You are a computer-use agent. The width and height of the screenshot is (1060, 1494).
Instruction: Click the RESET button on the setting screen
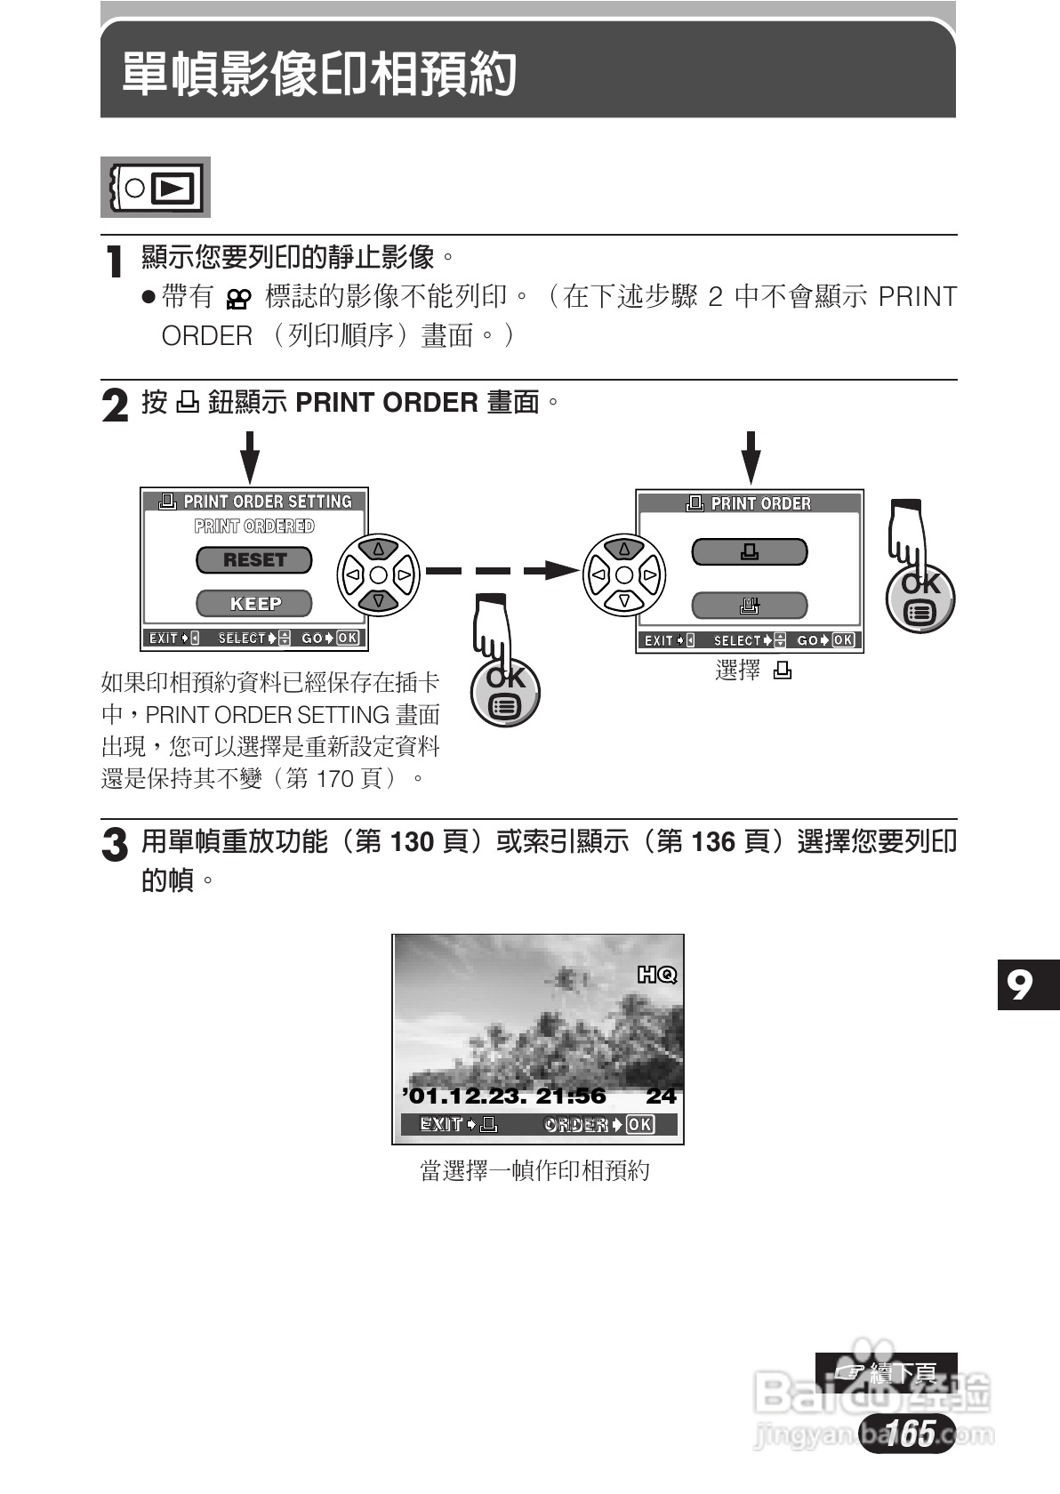click(254, 560)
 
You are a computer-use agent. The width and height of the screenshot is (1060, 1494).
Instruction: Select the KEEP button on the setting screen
click(254, 604)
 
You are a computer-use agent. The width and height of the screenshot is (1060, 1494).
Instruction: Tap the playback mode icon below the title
click(156, 188)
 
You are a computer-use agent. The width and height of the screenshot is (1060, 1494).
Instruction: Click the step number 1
click(114, 261)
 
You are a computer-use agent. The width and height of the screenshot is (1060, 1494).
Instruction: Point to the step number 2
click(115, 406)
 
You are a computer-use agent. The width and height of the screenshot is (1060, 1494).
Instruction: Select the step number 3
click(115, 845)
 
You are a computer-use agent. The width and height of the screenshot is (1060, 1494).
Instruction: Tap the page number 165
click(909, 1433)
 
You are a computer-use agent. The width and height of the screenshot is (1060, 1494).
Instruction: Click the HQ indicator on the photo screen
click(657, 976)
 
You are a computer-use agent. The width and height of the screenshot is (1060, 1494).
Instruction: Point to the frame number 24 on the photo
click(661, 1096)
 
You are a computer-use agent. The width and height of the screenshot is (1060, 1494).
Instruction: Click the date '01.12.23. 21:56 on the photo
click(504, 1096)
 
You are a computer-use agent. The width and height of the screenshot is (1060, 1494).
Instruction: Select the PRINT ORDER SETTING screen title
click(256, 502)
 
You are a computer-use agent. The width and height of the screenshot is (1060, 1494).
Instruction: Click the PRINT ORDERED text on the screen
click(254, 526)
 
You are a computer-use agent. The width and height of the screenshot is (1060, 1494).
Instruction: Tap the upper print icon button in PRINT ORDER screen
click(750, 552)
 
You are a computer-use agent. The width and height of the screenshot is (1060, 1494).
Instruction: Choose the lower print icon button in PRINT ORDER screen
click(750, 606)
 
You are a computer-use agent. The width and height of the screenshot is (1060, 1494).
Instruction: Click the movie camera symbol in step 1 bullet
click(238, 300)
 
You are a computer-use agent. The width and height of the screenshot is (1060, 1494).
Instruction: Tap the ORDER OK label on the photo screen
click(598, 1125)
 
